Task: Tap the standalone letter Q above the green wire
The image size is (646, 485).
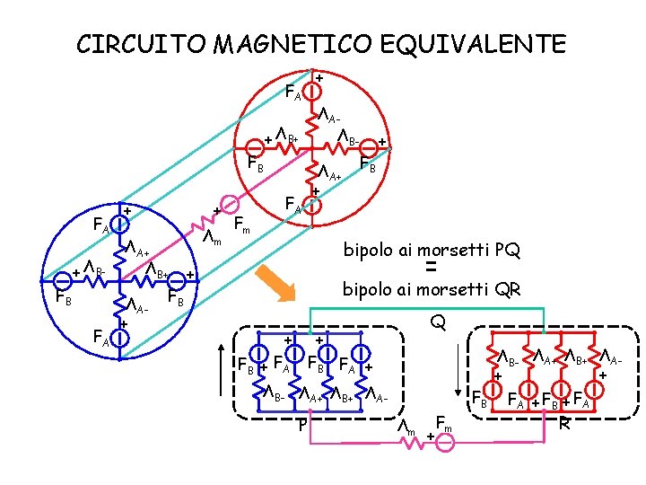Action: coord(437,321)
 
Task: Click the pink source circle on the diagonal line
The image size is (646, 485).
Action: coord(230,204)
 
